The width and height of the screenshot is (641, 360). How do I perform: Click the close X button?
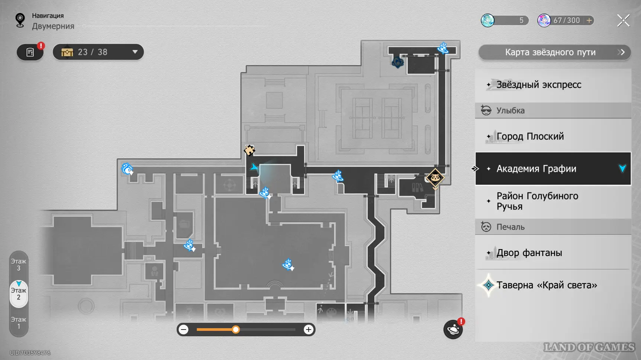tap(623, 20)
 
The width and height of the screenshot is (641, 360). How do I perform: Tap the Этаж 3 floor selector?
tap(19, 265)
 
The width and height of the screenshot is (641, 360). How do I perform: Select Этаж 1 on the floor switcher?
tap(19, 323)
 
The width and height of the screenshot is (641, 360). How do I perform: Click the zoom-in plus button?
tap(308, 330)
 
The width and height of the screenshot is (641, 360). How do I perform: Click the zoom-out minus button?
tap(184, 330)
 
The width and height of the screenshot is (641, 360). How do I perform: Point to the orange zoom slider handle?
tap(236, 330)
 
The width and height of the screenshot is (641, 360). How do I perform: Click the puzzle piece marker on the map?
tap(249, 150)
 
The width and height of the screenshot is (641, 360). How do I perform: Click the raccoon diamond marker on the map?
tap(435, 178)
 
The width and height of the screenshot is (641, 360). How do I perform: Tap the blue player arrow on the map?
tap(254, 167)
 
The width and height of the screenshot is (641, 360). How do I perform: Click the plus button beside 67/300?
tap(589, 20)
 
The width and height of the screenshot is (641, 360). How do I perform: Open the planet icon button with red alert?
tap(453, 330)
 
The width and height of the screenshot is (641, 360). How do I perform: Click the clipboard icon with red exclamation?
tap(30, 52)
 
